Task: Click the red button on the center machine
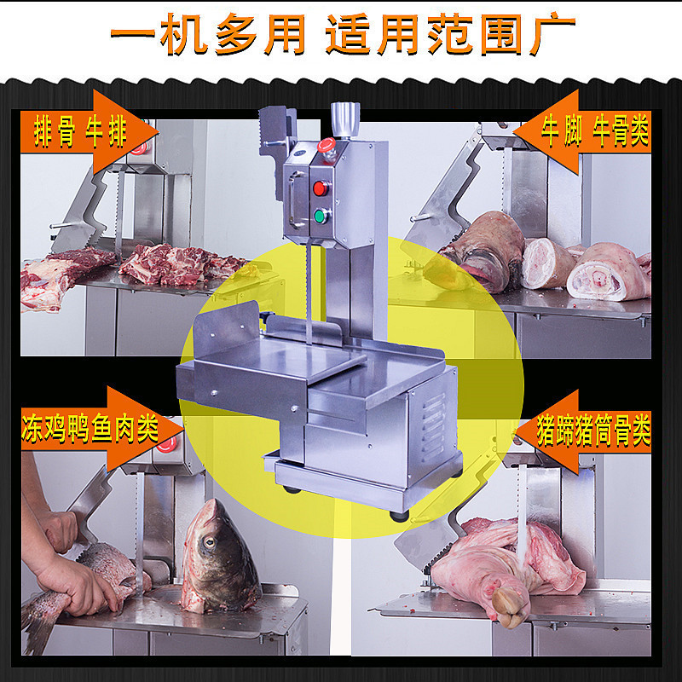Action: (321, 187)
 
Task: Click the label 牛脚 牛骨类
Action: (594, 132)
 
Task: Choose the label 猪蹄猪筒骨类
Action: (595, 431)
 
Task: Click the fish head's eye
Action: (207, 540)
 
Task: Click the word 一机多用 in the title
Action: (209, 37)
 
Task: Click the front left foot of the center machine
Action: (292, 488)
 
